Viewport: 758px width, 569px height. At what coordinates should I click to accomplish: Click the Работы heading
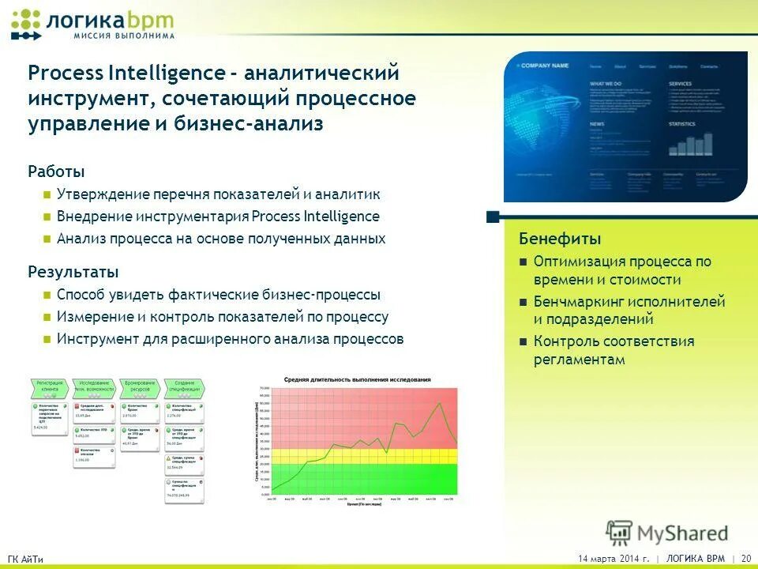(x=56, y=171)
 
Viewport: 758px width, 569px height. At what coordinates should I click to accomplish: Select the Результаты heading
(x=73, y=272)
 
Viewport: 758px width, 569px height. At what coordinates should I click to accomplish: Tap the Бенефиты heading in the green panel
(x=560, y=239)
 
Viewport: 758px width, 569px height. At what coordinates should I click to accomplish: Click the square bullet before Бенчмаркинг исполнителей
(x=523, y=303)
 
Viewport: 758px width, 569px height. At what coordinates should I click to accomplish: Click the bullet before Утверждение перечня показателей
(x=47, y=194)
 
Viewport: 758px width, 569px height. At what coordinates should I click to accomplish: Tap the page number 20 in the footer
(x=746, y=559)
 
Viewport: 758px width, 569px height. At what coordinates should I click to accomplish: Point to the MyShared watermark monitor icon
(x=620, y=533)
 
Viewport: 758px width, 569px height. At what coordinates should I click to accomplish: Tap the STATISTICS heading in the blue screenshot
(x=682, y=124)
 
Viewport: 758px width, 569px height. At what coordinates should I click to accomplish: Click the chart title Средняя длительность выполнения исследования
(x=358, y=380)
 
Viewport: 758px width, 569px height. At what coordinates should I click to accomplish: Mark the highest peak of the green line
(x=440, y=403)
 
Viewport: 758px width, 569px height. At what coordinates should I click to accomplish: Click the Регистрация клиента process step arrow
(x=49, y=387)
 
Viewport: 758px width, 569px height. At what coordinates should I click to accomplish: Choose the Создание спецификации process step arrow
(x=185, y=387)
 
